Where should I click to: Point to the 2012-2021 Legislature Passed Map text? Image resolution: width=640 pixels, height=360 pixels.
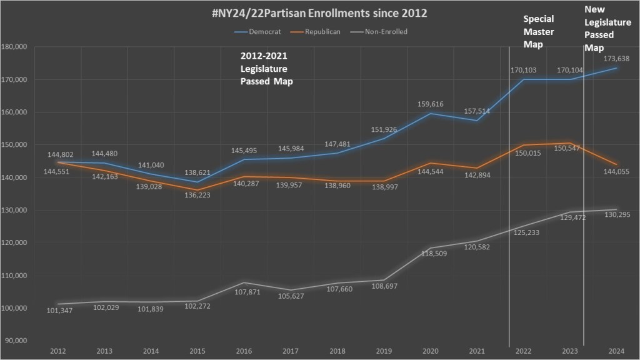pyautogui.click(x=267, y=68)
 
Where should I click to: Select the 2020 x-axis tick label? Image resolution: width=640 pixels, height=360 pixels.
pyautogui.click(x=430, y=352)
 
